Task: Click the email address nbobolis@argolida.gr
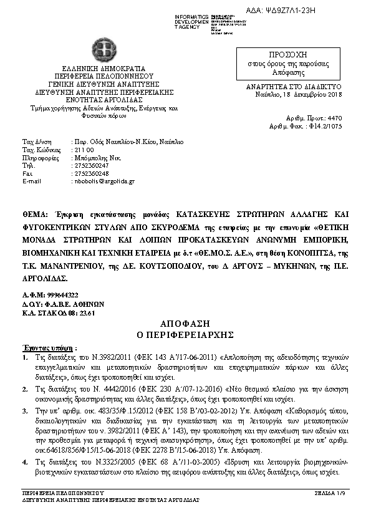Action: (x=104, y=181)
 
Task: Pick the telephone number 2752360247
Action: (x=91, y=165)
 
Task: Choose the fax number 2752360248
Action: (x=91, y=173)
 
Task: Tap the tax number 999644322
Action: (x=62, y=294)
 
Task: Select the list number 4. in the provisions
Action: (x=25, y=461)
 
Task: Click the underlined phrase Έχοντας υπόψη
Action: (x=42, y=347)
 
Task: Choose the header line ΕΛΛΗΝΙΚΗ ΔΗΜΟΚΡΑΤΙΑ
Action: (x=103, y=67)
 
